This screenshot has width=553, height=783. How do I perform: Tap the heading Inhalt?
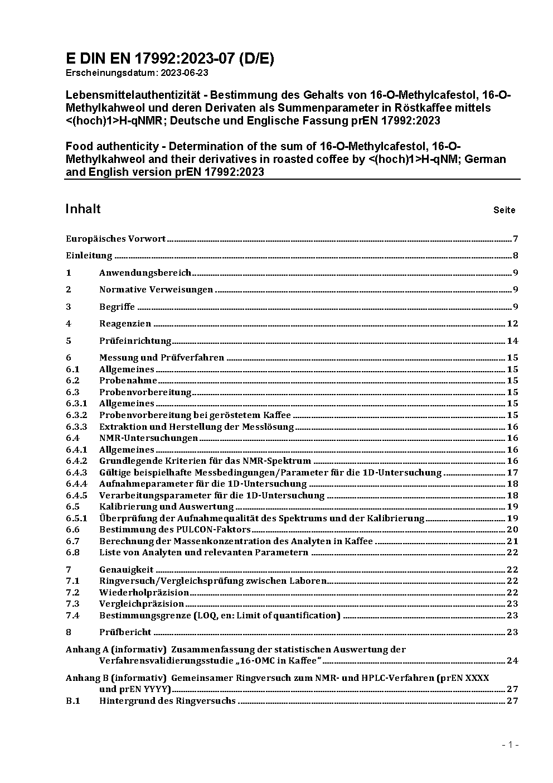point(83,209)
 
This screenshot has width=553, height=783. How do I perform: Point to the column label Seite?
point(504,210)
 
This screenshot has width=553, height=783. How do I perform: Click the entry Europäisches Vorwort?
point(115,239)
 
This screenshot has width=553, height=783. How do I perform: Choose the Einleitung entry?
point(89,256)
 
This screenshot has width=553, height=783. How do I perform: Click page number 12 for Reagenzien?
point(512,324)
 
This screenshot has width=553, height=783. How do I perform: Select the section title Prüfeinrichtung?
point(135,341)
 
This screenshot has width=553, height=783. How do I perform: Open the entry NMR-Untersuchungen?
point(148,438)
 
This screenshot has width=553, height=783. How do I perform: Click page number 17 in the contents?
point(512,473)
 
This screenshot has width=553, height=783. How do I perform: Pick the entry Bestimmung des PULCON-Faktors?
point(174,530)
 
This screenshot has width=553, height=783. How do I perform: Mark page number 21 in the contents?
point(512,541)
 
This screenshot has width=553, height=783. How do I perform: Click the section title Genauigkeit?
point(126,570)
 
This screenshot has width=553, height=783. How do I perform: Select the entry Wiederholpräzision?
point(144,593)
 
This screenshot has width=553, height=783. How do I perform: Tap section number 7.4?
point(72,616)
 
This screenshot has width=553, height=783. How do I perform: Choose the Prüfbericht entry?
point(125,632)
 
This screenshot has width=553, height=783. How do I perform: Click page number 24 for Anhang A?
point(512,661)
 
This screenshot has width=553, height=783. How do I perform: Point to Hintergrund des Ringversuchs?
point(167,701)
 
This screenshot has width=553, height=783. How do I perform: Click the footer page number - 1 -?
point(511,744)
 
